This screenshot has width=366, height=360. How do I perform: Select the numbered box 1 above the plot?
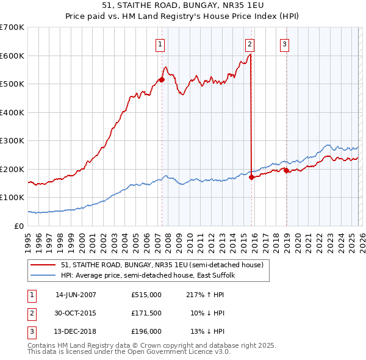pyautogui.click(x=160, y=43)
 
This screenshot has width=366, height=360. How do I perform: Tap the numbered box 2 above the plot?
pyautogui.click(x=250, y=43)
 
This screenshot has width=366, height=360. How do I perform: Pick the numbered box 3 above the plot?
pyautogui.click(x=284, y=43)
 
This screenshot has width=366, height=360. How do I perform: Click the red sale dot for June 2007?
pyautogui.click(x=162, y=79)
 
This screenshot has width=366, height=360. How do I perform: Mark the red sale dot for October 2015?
pyautogui.click(x=252, y=177)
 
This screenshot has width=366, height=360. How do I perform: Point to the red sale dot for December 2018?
pyautogui.click(x=286, y=170)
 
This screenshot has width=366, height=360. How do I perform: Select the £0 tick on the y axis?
pyautogui.click(x=20, y=226)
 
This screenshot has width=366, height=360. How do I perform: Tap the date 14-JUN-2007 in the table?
pyautogui.click(x=76, y=294)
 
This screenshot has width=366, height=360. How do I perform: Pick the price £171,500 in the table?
pyautogui.click(x=146, y=313)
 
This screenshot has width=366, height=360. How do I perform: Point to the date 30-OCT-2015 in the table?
pyautogui.click(x=76, y=313)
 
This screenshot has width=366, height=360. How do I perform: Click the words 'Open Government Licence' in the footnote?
pyautogui.click(x=182, y=351)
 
